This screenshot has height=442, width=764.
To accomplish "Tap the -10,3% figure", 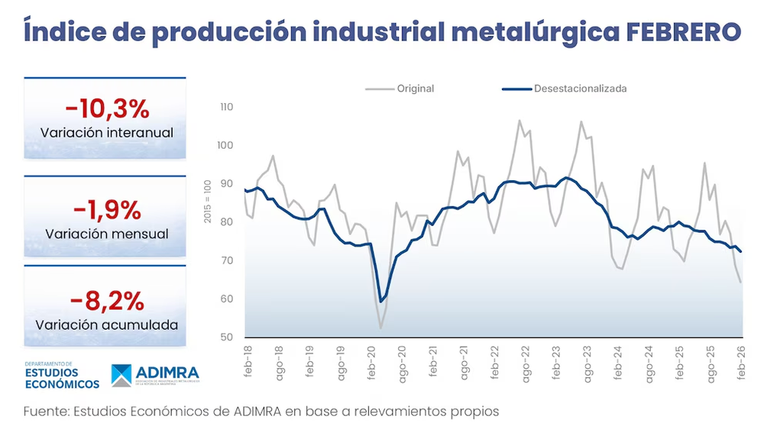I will tap(106, 109).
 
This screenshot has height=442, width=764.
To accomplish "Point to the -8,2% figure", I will tap(106, 300).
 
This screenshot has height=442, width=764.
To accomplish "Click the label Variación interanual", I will tap(106, 133).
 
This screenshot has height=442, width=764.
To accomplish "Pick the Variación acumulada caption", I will tap(106, 324).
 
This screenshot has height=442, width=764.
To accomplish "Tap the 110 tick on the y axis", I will tap(225, 107).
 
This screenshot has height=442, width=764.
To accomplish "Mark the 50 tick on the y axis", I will tap(227, 337).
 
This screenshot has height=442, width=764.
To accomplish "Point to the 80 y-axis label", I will tap(227, 222).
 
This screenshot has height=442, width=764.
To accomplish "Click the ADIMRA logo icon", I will tap(121, 375).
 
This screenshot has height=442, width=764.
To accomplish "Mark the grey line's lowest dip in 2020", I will tap(380, 328).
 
